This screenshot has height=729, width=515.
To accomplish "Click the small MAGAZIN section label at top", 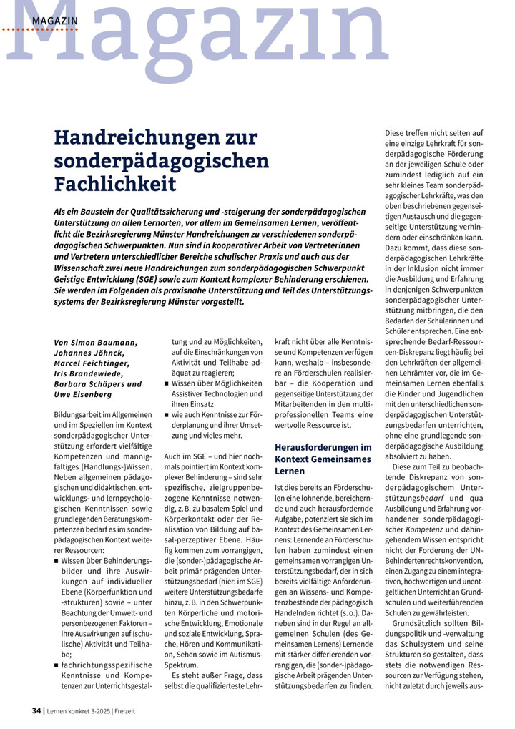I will pos(54,21).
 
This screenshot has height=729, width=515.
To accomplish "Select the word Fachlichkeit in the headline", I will pos(115,184).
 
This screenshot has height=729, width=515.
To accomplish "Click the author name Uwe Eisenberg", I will pos(82,394).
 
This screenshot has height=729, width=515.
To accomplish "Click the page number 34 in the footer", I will pos(36,711).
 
